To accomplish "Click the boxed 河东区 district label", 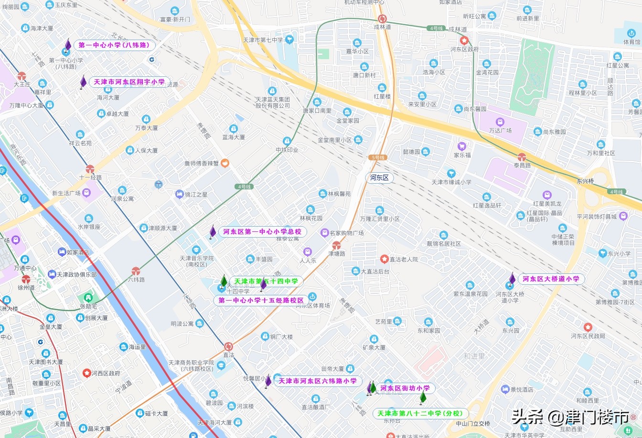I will coord(380,177).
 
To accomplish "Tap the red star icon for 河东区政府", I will coord(464,41).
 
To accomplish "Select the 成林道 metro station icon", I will coord(382,19).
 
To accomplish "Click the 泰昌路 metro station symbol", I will coord(522,157).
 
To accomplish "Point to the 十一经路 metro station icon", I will coord(90,169).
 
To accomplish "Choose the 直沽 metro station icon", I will coord(228,346).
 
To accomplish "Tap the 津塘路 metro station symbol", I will coord(336,245).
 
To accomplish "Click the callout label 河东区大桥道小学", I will coord(551,279).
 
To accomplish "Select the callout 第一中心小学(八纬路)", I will coord(114,45).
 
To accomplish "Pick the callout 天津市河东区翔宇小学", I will coord(129,82).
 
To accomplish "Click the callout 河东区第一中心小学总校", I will coord(262,232).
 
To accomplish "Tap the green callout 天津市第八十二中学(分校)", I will coord(420,413).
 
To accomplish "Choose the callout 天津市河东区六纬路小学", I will coord(318,381).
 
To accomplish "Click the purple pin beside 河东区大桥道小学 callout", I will coord(512,279).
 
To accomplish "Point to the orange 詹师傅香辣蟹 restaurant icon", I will coord(225,163).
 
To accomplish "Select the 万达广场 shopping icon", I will coord(500,122).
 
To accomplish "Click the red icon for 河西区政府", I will coord(86,373).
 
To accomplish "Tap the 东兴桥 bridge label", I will coord(585,181).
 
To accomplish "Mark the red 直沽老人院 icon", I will coord(384,259).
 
